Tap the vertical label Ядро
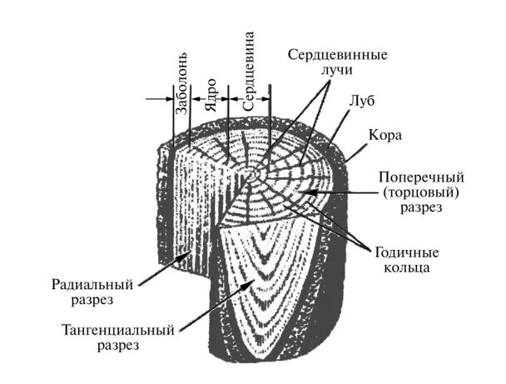point(211,95)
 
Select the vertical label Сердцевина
point(250,72)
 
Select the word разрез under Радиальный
point(93,297)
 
